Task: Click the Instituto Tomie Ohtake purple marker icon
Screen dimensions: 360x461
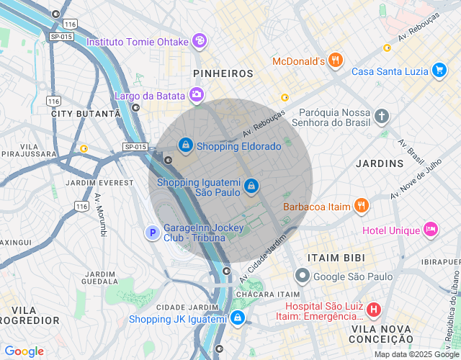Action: (x=200, y=41)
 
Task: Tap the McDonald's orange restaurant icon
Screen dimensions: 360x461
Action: (x=335, y=61)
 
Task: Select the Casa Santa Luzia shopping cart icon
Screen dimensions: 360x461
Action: (x=439, y=71)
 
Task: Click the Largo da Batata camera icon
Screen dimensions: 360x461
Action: (x=196, y=95)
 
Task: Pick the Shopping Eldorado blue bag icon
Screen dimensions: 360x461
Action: (x=187, y=145)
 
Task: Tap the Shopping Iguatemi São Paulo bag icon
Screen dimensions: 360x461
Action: (x=250, y=186)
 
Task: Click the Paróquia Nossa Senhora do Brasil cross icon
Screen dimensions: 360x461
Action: (x=382, y=115)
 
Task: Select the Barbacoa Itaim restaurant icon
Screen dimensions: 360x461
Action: (x=362, y=207)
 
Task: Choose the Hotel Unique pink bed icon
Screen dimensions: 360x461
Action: (x=431, y=230)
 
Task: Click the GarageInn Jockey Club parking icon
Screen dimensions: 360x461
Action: (x=152, y=233)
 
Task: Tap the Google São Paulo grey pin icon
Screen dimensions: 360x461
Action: (x=303, y=276)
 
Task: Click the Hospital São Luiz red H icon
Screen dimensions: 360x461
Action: (x=374, y=310)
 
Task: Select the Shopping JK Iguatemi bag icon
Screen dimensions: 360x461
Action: (x=238, y=319)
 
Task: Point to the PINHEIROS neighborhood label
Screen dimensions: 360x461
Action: (x=223, y=73)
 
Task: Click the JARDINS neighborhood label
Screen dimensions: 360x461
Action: (x=380, y=163)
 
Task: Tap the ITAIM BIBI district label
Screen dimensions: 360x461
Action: (x=336, y=257)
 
